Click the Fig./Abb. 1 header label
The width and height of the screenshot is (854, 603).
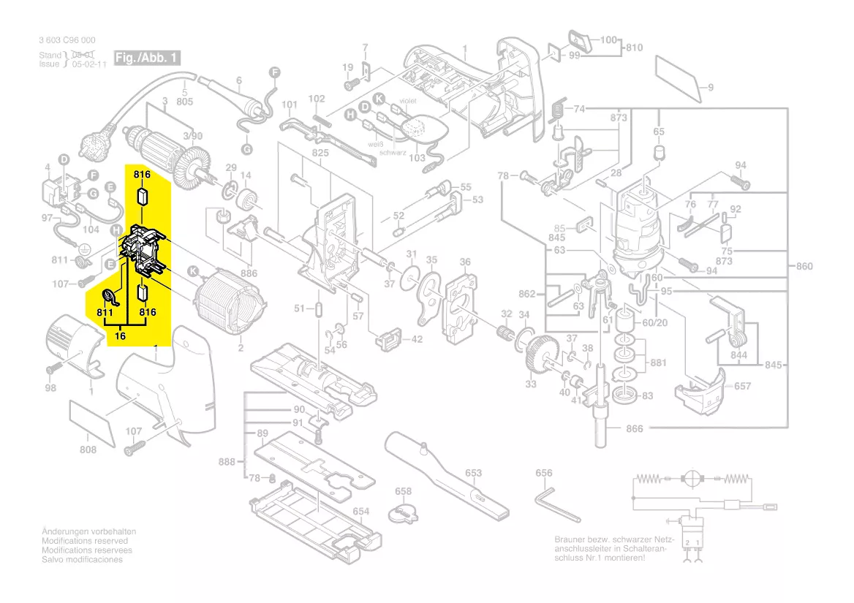pos(146,58)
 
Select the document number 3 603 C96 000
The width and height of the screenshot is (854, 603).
pos(67,40)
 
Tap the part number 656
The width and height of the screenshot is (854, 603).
pos(544,474)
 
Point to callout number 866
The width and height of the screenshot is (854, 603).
pos(635,428)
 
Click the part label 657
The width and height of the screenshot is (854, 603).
pos(742,386)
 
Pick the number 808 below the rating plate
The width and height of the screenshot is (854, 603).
pos(88,450)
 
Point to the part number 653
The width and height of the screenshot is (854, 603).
pos(474,473)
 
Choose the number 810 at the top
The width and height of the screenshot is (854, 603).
pos(633,48)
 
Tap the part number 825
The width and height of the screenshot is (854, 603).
pos(321,153)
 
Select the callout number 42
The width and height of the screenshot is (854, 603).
pos(417,339)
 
